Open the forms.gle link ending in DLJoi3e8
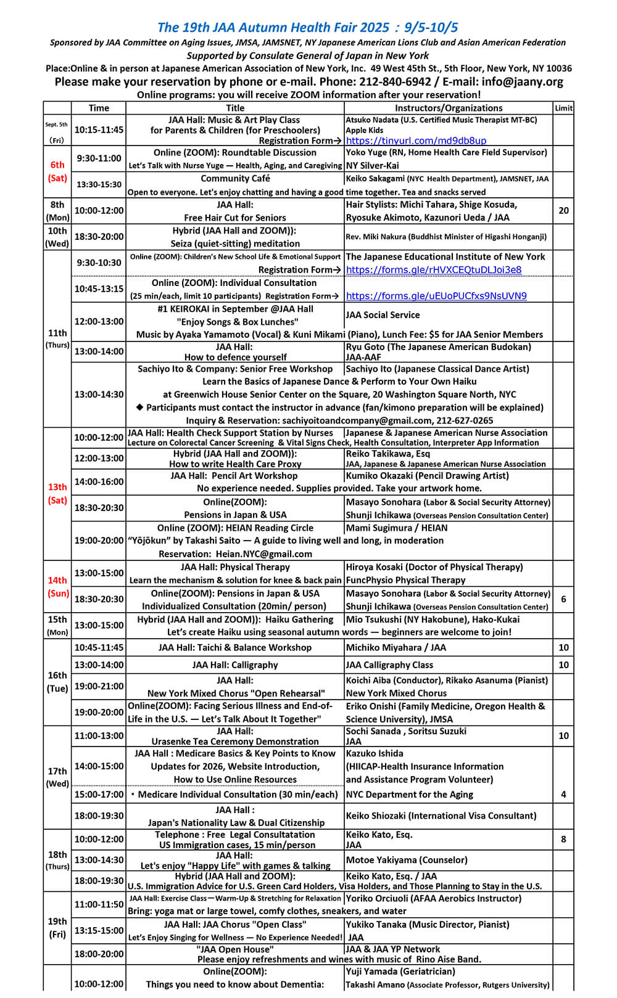[433, 269]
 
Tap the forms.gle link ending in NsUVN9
[436, 296]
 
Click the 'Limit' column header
[563, 108]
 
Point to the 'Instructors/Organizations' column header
[449, 108]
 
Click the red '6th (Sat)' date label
[57, 171]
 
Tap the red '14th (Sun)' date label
[57, 587]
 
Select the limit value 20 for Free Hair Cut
[563, 211]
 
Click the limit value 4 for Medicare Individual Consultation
[563, 795]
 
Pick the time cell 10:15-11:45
[99, 130]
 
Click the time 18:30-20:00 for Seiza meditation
[99, 237]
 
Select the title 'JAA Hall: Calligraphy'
[234, 665]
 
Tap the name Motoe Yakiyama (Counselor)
[407, 860]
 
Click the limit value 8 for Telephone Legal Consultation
[563, 839]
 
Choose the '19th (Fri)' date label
[57, 928]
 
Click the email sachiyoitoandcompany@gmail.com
[350, 420]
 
